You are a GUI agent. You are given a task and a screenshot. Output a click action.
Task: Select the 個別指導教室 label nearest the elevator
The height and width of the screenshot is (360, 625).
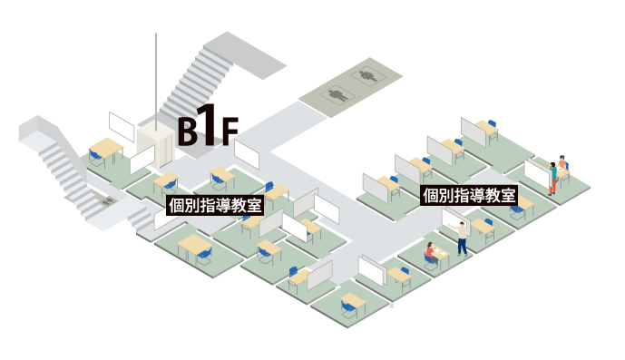(x=216, y=204)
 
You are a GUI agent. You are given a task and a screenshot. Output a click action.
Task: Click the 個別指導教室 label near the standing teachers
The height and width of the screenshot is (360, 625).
(x=469, y=195)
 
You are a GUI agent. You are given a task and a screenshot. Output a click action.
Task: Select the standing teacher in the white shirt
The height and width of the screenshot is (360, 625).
(x=463, y=236)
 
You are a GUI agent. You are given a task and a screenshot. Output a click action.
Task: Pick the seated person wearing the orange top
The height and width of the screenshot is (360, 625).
(x=562, y=167)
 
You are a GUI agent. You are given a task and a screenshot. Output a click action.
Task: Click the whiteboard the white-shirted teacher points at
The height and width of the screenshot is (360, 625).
(x=452, y=218)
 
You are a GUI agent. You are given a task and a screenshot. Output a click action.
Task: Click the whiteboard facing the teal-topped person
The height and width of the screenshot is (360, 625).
(x=536, y=173)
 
